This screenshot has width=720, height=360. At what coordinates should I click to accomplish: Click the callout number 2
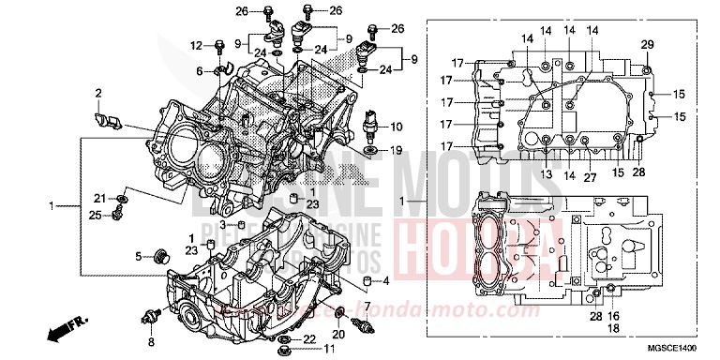[97, 92]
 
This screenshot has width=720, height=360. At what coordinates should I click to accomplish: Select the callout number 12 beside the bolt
[196, 45]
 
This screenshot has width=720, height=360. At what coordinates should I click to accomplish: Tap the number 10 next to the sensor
[397, 126]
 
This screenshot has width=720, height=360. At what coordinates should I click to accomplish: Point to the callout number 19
[397, 149]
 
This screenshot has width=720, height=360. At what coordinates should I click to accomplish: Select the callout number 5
[138, 256]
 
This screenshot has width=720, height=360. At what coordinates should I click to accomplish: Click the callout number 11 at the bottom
[329, 350]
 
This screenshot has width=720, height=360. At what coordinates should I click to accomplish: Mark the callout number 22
[310, 337]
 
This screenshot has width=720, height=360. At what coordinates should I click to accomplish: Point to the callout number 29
[647, 45]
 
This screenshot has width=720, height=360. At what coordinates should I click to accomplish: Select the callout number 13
[545, 175]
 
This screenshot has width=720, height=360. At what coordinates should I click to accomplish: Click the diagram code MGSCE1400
[656, 346]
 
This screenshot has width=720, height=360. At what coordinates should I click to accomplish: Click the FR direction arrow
[66, 330]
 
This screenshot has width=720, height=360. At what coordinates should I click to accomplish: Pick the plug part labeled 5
[160, 255]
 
